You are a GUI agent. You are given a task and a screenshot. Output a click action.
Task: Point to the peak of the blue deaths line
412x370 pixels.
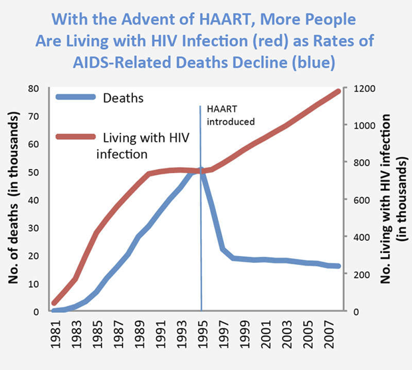[x=201, y=170]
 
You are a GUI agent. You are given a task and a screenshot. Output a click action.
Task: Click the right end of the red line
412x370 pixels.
[x=340, y=91]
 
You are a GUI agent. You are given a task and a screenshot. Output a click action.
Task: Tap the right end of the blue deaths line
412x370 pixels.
[x=340, y=266]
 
